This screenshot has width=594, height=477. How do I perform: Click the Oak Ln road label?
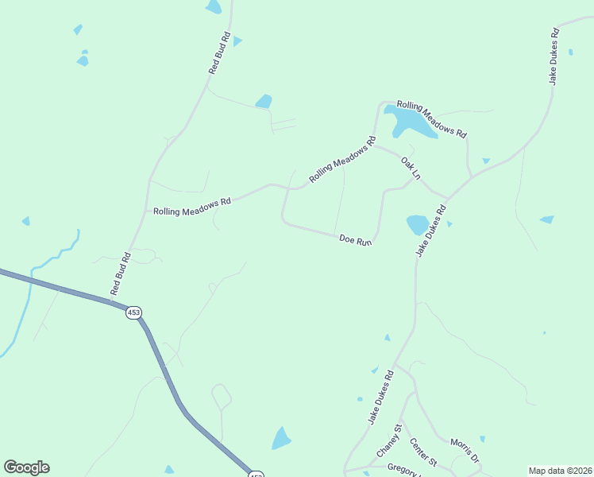click(410, 167)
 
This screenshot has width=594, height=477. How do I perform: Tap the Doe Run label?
click(355, 239)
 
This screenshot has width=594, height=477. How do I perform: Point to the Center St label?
click(423, 451)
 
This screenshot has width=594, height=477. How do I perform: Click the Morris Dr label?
click(465, 448)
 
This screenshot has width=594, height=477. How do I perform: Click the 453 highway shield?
click(133, 312)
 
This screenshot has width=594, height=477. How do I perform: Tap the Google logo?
click(26, 467)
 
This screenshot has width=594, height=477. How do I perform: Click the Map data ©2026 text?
click(560, 470)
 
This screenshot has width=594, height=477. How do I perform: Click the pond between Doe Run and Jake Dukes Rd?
click(418, 224)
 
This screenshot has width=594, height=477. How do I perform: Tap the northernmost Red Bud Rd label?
click(219, 53)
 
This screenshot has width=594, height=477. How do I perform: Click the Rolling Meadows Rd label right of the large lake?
click(431, 119)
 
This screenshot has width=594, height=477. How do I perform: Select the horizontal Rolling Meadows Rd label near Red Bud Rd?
click(191, 207)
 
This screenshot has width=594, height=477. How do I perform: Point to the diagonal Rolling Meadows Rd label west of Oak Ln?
click(341, 161)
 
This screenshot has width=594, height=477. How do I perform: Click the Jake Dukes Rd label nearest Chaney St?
click(380, 397)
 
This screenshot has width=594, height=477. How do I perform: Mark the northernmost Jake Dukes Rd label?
click(553, 56)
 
